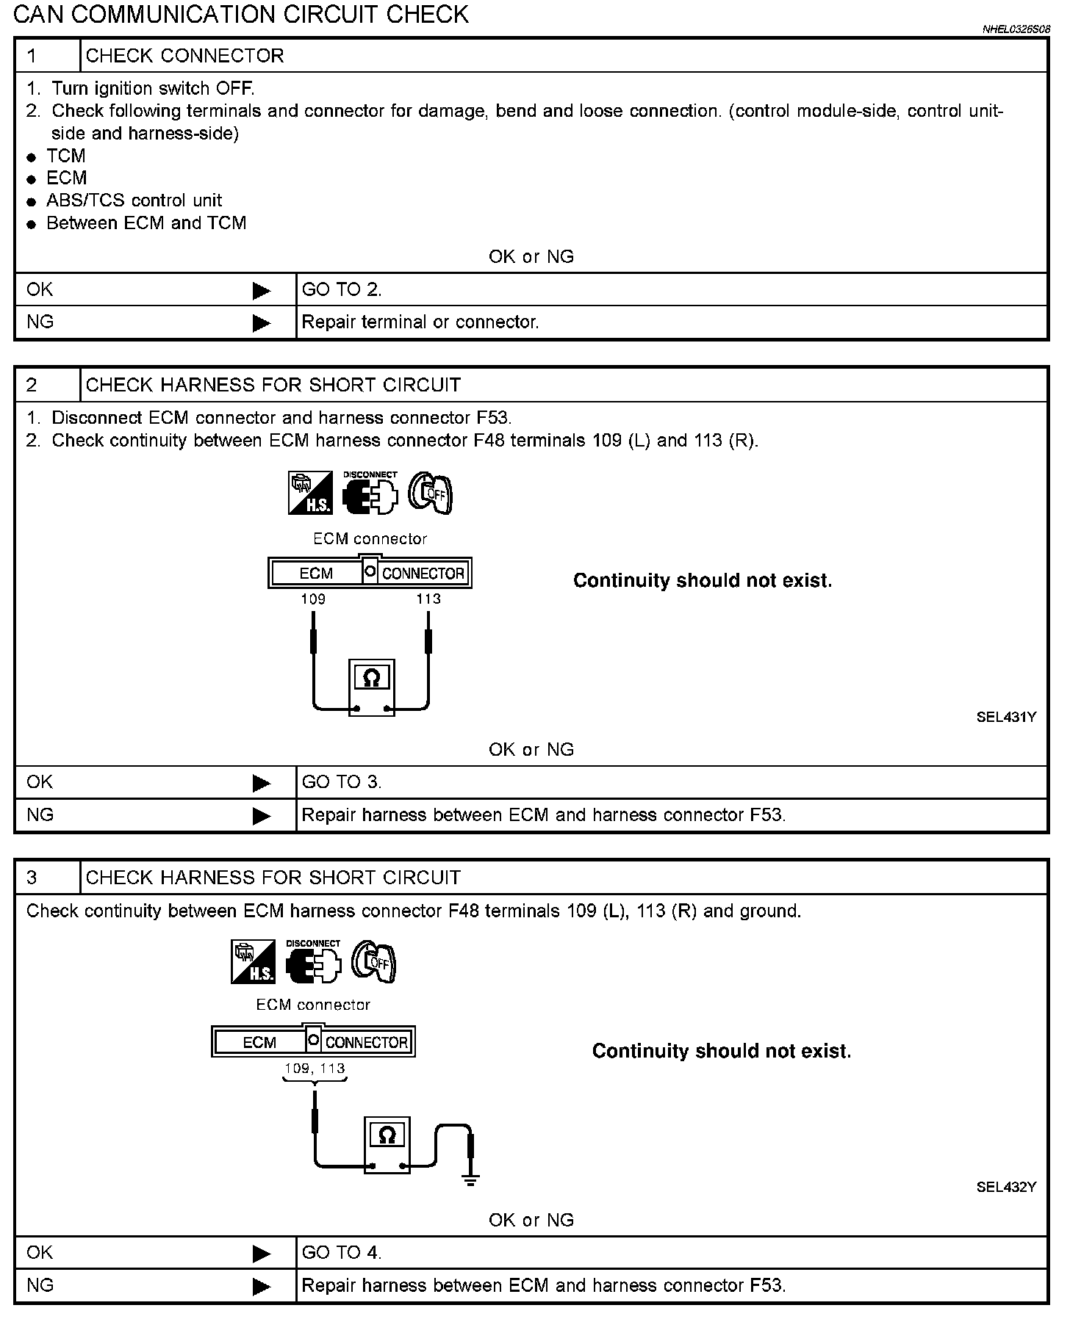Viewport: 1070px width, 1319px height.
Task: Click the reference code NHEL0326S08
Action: coord(1016,29)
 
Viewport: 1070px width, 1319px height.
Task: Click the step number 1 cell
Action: coord(47,56)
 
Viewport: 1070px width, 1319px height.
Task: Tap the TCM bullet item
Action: coord(65,156)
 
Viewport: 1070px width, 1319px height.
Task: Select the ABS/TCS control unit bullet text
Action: coord(134,200)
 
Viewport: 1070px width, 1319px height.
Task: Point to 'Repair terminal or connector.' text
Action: coord(420,322)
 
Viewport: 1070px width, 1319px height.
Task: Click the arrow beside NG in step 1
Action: coord(261,322)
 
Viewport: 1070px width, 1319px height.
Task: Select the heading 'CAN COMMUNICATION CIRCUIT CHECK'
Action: coord(241,15)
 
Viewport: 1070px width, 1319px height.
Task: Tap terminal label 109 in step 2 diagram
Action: coord(313,599)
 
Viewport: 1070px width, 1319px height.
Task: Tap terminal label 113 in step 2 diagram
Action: coord(428,599)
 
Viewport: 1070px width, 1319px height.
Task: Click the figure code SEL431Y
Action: coord(1005,718)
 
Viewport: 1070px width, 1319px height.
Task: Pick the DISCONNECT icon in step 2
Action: coord(370,493)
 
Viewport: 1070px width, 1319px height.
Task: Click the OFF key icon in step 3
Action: coord(374,962)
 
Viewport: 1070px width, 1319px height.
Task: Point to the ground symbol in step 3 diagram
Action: coord(470,1180)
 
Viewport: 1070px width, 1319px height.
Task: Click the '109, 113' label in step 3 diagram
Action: coord(315,1069)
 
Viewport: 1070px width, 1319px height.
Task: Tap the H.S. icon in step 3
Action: coord(253,962)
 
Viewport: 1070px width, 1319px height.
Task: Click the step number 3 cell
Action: coord(47,878)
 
